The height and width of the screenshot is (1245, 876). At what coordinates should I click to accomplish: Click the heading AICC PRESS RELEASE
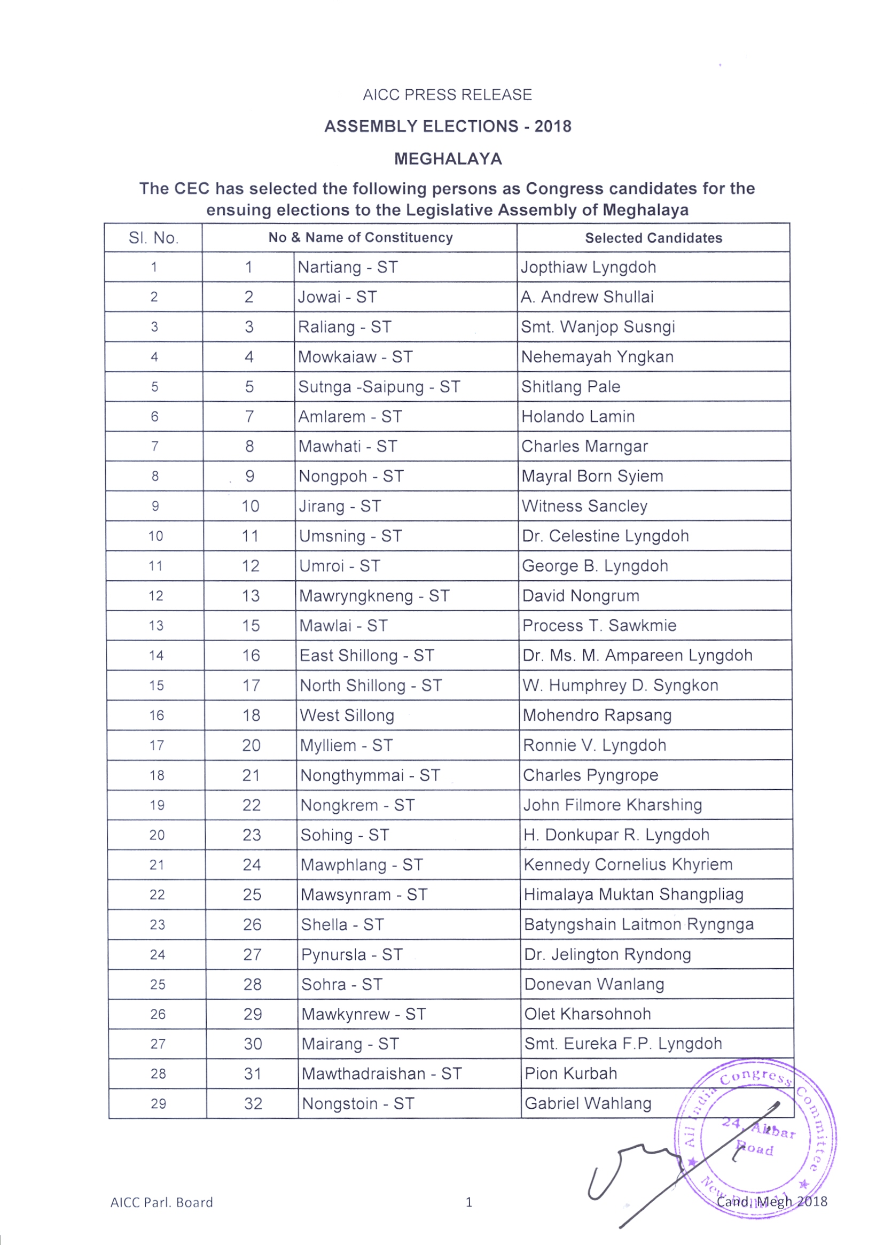pyautogui.click(x=447, y=95)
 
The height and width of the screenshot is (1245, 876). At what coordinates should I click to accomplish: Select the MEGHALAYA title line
pyautogui.click(x=448, y=159)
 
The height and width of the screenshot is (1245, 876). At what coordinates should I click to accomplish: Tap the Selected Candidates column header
pyautogui.click(x=653, y=238)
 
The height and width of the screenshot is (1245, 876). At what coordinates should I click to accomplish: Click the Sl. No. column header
pyautogui.click(x=153, y=238)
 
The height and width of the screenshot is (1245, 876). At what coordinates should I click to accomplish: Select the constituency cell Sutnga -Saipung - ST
pyautogui.click(x=379, y=387)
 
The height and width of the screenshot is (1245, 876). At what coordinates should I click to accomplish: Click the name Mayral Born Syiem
pyautogui.click(x=592, y=476)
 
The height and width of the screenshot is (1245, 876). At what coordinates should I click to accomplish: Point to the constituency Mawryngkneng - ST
pyautogui.click(x=374, y=596)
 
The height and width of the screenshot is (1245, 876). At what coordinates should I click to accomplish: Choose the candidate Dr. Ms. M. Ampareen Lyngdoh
pyautogui.click(x=637, y=656)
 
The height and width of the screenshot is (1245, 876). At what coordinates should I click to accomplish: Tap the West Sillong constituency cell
pyautogui.click(x=347, y=715)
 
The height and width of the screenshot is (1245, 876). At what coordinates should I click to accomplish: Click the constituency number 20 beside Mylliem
pyautogui.click(x=252, y=745)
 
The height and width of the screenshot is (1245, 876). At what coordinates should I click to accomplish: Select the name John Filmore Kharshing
pyautogui.click(x=613, y=805)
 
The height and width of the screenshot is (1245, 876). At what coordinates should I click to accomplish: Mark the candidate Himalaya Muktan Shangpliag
pyautogui.click(x=633, y=894)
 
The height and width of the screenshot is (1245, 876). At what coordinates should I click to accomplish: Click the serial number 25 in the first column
pyautogui.click(x=157, y=984)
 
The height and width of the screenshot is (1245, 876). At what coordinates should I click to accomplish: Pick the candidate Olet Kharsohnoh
pyautogui.click(x=587, y=1014)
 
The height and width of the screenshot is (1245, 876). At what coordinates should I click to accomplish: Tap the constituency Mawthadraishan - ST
pyautogui.click(x=381, y=1073)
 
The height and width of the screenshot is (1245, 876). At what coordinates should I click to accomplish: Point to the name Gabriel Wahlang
pyautogui.click(x=588, y=1103)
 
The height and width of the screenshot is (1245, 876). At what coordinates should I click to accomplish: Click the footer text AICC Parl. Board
pyautogui.click(x=161, y=1202)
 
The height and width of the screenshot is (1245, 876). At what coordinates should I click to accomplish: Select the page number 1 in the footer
pyautogui.click(x=469, y=1202)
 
